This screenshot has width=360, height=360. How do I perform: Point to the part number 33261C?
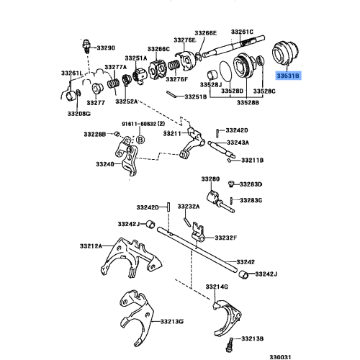pos(243,32)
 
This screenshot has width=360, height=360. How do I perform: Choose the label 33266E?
pos(204,33)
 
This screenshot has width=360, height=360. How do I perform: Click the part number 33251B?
pos(194,96)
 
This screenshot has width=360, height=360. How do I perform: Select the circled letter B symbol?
pos(140,137)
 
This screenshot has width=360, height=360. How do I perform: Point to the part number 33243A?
pos(246,143)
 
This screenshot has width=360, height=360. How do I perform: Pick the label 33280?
pos(210,179)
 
